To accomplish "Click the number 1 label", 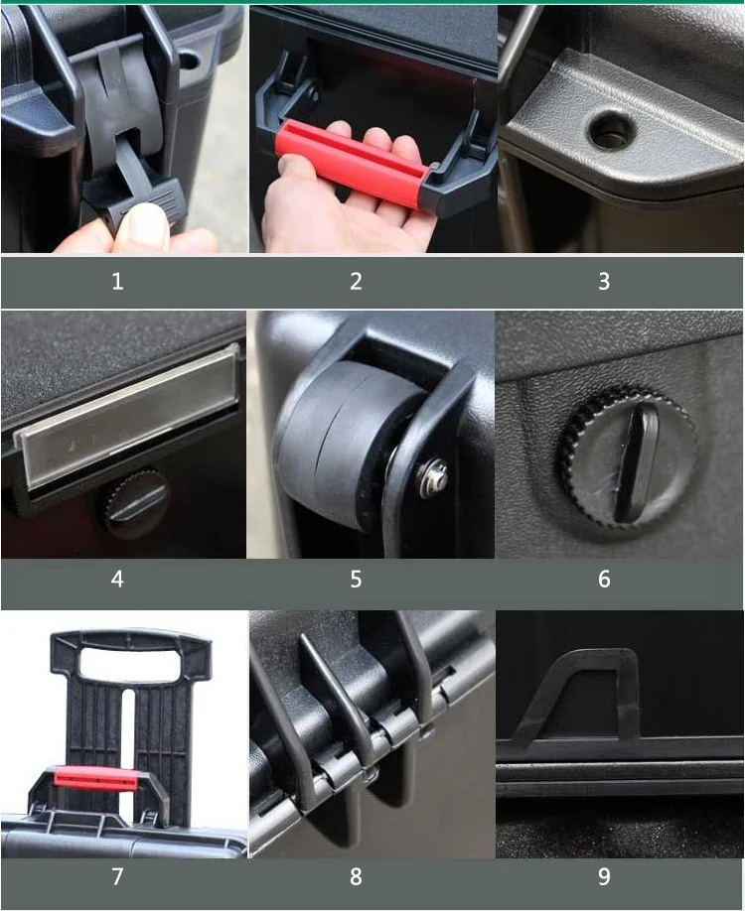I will coord(117,282).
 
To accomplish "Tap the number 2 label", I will coord(356,282).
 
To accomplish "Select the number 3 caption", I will coord(603,282).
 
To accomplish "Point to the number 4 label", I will coord(117,579).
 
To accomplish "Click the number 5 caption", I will coord(356,579).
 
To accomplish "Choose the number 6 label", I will coord(603,579).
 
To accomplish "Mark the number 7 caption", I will coord(117,876).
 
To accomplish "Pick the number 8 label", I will coord(356,876).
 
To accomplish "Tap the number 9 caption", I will coord(603,876).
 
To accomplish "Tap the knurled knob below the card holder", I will coord(134,502).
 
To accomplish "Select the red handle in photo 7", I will coord(95,778).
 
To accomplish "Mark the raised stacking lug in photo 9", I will coord(586,695).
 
